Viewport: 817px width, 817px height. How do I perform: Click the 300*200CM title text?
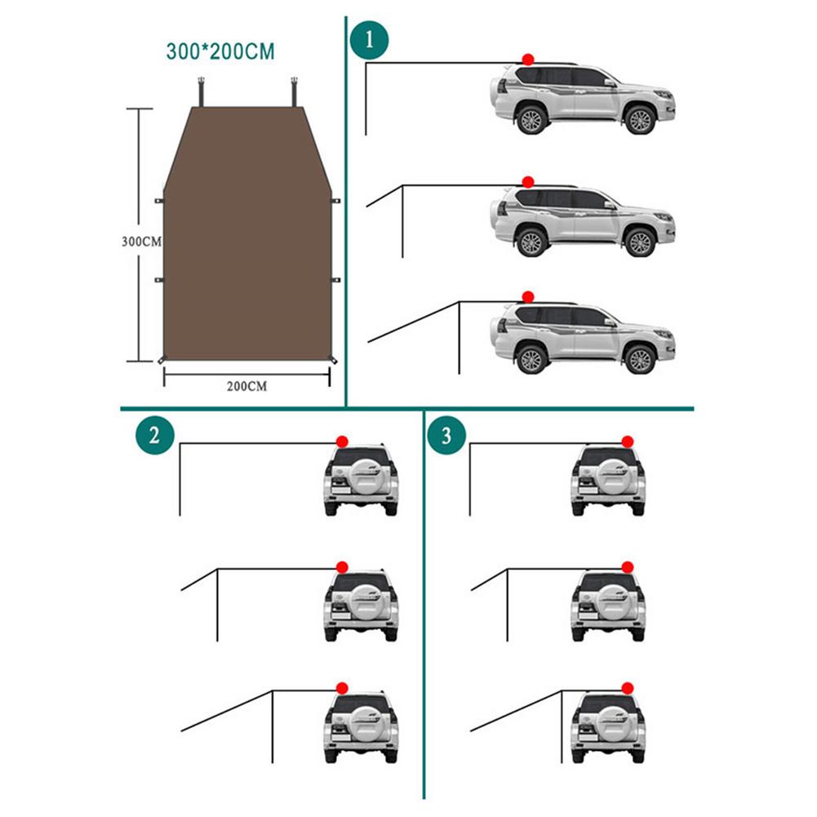pos(220,51)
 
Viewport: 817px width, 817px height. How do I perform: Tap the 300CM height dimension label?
pos(141,242)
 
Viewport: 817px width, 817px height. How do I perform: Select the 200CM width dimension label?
pos(246,386)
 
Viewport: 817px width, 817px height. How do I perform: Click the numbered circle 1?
pos(370,40)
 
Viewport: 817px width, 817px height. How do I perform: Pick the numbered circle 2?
pos(155,435)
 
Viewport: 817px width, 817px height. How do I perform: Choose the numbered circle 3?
pos(446,435)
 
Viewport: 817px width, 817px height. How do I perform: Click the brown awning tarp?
pos(247,233)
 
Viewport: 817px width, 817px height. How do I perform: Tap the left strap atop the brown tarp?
pos(201,92)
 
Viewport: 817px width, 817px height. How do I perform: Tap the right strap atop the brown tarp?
pos(295,92)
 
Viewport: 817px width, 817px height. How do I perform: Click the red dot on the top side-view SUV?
pos(528,59)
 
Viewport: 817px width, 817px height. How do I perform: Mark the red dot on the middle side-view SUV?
pos(528,182)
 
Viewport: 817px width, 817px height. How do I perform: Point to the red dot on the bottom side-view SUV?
pos(528,297)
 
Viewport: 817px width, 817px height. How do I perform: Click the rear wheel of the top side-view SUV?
pos(531,119)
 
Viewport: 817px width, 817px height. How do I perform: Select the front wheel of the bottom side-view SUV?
pos(640,358)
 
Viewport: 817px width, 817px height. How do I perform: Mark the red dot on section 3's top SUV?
pos(628,442)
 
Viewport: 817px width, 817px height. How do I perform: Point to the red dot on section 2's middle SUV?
pos(342,567)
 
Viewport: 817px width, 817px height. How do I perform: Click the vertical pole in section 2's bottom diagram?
pos(273,727)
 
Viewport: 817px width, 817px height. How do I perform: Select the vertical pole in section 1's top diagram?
pos(366,99)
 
